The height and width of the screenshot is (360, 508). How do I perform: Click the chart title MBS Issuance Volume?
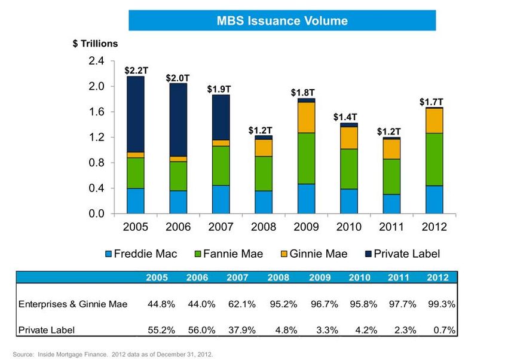282,21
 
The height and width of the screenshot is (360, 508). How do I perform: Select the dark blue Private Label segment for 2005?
136,114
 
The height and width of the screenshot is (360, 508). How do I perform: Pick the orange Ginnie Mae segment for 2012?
434,120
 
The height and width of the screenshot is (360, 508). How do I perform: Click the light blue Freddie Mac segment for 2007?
221,199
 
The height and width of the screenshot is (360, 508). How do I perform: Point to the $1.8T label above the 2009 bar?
302,93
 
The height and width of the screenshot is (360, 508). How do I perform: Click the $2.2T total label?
136,70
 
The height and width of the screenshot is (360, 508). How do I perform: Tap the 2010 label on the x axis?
349,227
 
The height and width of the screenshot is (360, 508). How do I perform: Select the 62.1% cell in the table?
241,304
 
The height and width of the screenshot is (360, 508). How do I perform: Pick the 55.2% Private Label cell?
161,330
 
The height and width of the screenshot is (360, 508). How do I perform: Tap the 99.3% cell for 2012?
443,304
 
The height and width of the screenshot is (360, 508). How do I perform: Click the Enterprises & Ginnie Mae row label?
73,304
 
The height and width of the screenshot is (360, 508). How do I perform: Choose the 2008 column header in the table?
279,277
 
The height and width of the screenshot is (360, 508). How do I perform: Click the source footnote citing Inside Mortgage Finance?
112,354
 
